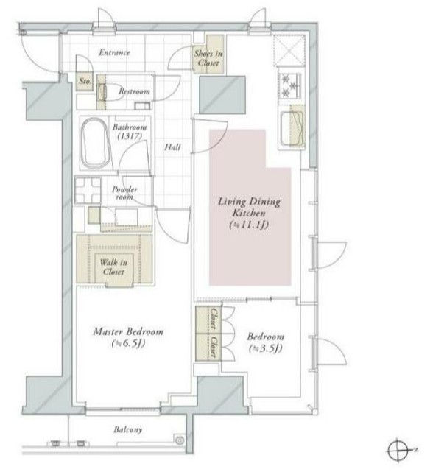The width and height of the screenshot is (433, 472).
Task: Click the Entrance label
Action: [x=114, y=52]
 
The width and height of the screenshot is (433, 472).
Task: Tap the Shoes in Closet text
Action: [x=208, y=58]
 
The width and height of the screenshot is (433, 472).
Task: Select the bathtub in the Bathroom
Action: [x=96, y=143]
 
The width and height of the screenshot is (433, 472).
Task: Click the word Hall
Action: [x=172, y=147]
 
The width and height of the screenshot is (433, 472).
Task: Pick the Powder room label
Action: [x=124, y=193]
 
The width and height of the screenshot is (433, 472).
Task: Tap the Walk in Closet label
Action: [x=113, y=267]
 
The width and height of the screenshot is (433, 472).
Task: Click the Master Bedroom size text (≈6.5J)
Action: [x=129, y=343]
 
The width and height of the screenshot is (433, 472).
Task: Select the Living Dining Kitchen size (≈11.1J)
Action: [x=249, y=225]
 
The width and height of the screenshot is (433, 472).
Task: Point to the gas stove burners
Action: [x=289, y=86]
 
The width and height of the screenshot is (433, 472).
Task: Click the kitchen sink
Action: [x=292, y=129]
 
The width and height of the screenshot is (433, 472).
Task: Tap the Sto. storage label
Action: [x=85, y=81]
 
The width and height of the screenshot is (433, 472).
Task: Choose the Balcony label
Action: [x=128, y=429]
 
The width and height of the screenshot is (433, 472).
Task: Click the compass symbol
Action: [x=398, y=451]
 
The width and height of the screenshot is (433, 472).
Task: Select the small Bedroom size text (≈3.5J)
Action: [x=266, y=348]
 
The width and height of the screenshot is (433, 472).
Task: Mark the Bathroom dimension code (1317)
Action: [x=130, y=136]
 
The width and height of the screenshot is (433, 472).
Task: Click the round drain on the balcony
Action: [x=180, y=440]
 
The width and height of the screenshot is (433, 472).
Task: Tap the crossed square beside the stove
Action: [x=289, y=51]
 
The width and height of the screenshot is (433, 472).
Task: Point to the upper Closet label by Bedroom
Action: [x=214, y=319]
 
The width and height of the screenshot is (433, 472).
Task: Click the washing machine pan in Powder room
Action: [x=88, y=191]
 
